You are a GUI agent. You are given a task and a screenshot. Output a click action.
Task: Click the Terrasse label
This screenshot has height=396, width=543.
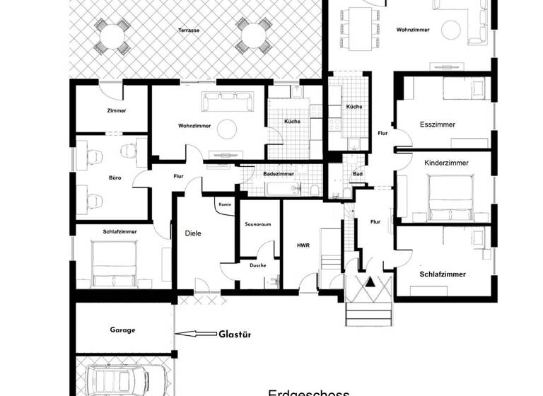pyautogui.click(x=189, y=31)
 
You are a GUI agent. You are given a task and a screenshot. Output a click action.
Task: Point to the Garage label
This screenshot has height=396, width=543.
pyautogui.click(x=122, y=330)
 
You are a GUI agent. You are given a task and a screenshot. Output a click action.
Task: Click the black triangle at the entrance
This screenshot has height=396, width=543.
pyautogui.click(x=368, y=281)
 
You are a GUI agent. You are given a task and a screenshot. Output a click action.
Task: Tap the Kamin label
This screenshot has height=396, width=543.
pyautogui.click(x=226, y=204)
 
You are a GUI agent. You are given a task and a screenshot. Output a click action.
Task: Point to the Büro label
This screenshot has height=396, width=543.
pyautogui.click(x=115, y=177)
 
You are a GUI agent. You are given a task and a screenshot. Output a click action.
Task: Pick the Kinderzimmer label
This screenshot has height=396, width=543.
pyautogui.click(x=446, y=163)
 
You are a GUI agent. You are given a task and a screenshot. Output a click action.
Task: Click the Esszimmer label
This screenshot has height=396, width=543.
pyautogui.click(x=437, y=124)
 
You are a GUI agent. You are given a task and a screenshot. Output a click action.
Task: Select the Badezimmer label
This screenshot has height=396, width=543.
pyautogui.click(x=278, y=173)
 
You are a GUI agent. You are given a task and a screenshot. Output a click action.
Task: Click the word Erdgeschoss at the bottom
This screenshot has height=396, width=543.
pyautogui.click(x=309, y=390)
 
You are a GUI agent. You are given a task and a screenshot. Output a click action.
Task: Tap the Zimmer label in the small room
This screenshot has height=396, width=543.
pyautogui.click(x=117, y=111)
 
